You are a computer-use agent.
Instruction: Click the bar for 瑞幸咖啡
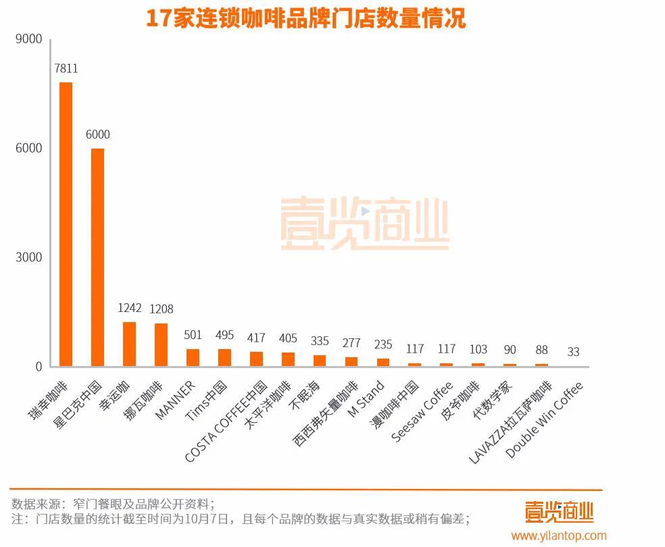pos(66,224)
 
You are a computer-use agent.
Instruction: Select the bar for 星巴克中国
pos(98,257)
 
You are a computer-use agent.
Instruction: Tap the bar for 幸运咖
pos(129,344)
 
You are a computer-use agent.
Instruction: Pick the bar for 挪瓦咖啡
pos(161,344)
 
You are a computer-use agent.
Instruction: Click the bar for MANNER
pos(193,357)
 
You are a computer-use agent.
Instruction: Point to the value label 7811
pos(66,68)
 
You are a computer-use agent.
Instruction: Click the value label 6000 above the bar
pos(98,134)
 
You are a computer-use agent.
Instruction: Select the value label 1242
pos(130,308)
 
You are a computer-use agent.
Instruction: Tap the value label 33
pos(573,352)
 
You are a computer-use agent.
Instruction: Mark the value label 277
pos(351,342)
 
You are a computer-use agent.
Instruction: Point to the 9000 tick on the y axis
pos(29,39)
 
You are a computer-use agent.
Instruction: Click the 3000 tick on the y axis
pos(29,257)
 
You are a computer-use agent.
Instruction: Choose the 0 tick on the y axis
pos(39,367)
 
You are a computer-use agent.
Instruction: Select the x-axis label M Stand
pos(367,399)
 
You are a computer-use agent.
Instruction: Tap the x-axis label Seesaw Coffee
pos(422,411)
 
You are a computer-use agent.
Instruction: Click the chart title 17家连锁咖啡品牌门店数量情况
pos(306,18)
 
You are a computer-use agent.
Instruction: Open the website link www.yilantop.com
pos(559,536)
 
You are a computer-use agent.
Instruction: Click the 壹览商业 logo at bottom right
pos(559,511)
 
